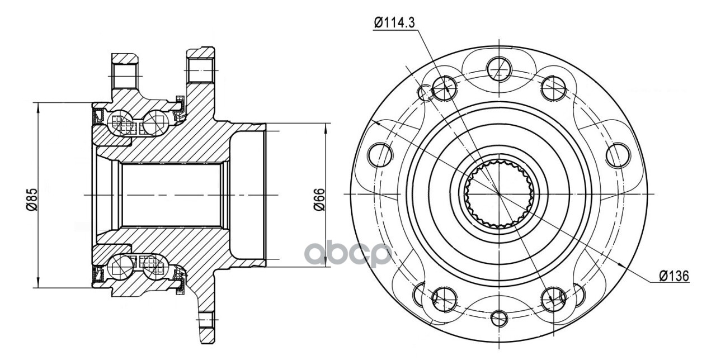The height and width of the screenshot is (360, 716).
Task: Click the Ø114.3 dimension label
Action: coord(394,23)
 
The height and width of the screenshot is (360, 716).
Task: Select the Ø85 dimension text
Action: coord(32,200)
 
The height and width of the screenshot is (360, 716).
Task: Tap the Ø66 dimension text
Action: coord(319,200)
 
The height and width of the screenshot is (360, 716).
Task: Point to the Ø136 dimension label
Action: coord(675,276)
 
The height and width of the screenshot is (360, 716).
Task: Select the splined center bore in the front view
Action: coord(498,194)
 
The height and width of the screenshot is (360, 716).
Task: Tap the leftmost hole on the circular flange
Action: coord(380,155)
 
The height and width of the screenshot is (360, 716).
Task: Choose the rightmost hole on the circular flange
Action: coord(618,155)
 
